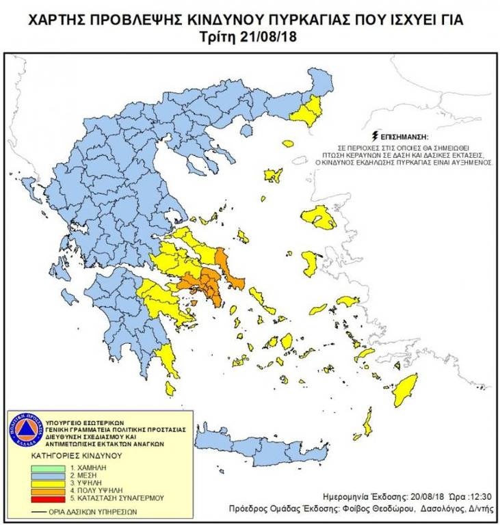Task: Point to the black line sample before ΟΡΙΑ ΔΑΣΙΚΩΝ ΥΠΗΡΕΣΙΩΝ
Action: click(x=40, y=510)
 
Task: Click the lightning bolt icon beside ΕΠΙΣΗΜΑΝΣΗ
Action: click(x=373, y=135)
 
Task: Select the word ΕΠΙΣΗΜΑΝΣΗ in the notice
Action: click(x=401, y=136)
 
